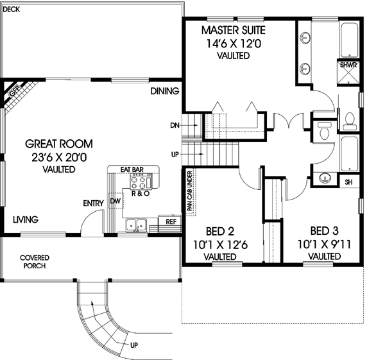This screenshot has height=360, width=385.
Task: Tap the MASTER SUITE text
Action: pyautogui.click(x=233, y=30)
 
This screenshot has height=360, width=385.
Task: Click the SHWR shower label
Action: pyautogui.click(x=347, y=65)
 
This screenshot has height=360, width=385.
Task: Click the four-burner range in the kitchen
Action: pyautogui.click(x=137, y=180)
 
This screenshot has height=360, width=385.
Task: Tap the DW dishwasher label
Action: pyautogui.click(x=116, y=201)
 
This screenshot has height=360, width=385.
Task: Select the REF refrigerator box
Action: pyautogui.click(x=171, y=221)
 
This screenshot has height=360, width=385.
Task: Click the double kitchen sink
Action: pyautogui.click(x=136, y=225)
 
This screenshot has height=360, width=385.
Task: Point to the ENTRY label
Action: pyautogui.click(x=94, y=204)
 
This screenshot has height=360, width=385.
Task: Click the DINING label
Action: pyautogui.click(x=165, y=92)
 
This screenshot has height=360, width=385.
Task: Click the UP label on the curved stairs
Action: pyautogui.click(x=133, y=345)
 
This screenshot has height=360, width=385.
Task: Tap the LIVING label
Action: pyautogui.click(x=26, y=219)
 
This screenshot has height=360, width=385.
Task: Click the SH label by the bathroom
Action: pyautogui.click(x=348, y=182)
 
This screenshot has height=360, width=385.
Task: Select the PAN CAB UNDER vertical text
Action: pyautogui.click(x=190, y=191)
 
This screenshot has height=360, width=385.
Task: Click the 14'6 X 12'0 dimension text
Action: pyautogui.click(x=233, y=44)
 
